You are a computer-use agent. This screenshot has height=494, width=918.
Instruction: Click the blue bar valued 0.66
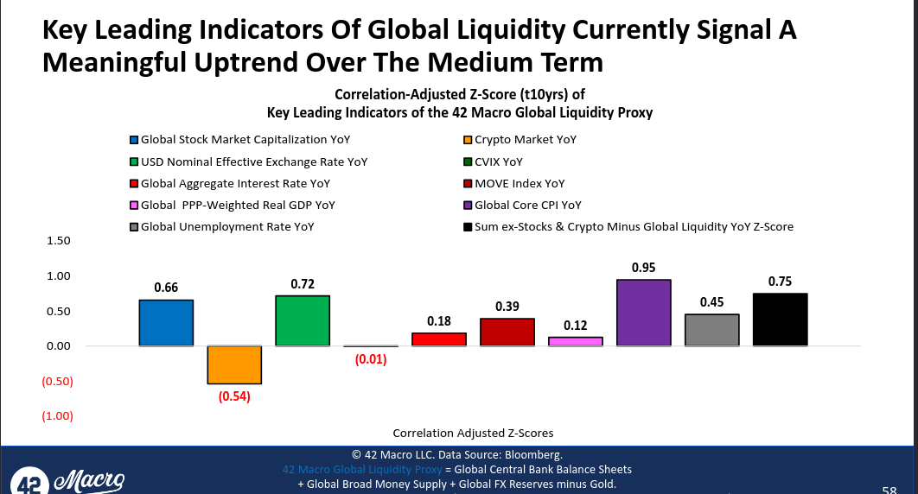click(166, 323)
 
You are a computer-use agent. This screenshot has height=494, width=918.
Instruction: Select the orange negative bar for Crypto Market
click(234, 364)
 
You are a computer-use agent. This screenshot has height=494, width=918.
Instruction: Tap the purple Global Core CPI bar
click(643, 313)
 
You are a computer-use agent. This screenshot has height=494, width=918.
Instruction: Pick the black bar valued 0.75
click(780, 320)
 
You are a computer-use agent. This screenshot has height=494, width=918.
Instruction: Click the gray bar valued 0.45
click(711, 330)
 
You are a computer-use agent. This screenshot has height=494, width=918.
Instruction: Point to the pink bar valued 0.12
click(575, 341)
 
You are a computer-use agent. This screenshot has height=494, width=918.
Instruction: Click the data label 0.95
click(643, 268)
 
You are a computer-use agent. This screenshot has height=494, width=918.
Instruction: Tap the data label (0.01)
click(371, 359)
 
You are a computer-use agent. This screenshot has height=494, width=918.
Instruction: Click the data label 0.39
click(507, 306)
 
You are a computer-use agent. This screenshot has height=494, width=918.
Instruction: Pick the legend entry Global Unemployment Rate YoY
click(227, 226)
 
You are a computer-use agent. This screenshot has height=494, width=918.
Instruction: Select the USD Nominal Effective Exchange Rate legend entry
click(246, 161)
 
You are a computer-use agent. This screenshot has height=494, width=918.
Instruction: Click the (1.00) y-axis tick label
click(58, 416)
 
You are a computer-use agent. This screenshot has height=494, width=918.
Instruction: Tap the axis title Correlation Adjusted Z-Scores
click(473, 433)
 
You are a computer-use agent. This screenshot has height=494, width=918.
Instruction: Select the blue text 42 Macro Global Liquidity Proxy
click(361, 469)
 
